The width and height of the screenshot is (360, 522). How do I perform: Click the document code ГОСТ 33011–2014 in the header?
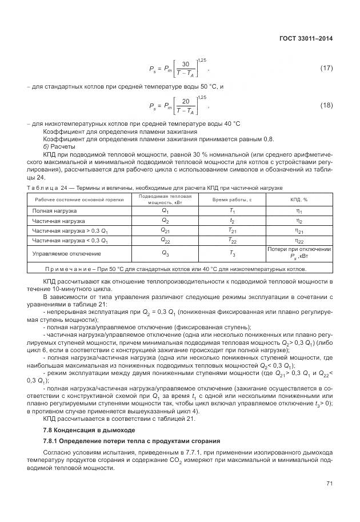pos(307,38)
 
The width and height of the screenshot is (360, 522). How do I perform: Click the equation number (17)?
pos(326,69)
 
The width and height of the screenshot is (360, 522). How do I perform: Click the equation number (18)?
pos(326,105)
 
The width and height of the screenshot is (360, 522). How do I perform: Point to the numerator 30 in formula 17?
pos(185,64)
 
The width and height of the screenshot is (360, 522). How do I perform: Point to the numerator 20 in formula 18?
pos(185,101)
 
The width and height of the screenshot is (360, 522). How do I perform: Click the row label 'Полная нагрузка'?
pos(55,210)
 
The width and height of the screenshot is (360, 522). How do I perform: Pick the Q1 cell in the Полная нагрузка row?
pos(165,210)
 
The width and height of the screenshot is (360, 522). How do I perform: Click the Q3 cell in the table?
pos(165,253)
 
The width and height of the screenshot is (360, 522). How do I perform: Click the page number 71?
pos(329,484)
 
